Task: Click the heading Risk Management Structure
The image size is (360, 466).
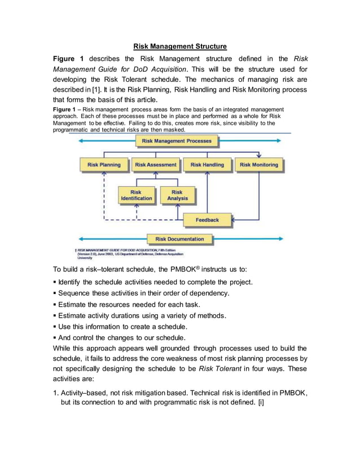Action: [180, 46]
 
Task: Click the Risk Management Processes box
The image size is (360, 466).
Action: [176, 141]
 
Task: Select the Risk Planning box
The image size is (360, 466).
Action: [104, 165]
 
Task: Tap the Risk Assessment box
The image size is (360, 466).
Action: [156, 165]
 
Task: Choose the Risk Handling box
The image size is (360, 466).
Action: [207, 165]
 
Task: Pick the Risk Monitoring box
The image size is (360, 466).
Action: [258, 165]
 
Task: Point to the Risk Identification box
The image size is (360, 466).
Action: [136, 195]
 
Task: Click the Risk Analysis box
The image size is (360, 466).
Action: [177, 195]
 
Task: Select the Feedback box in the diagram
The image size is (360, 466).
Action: [207, 219]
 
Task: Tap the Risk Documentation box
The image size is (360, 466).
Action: [179, 239]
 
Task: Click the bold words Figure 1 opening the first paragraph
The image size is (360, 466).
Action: [68, 59]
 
